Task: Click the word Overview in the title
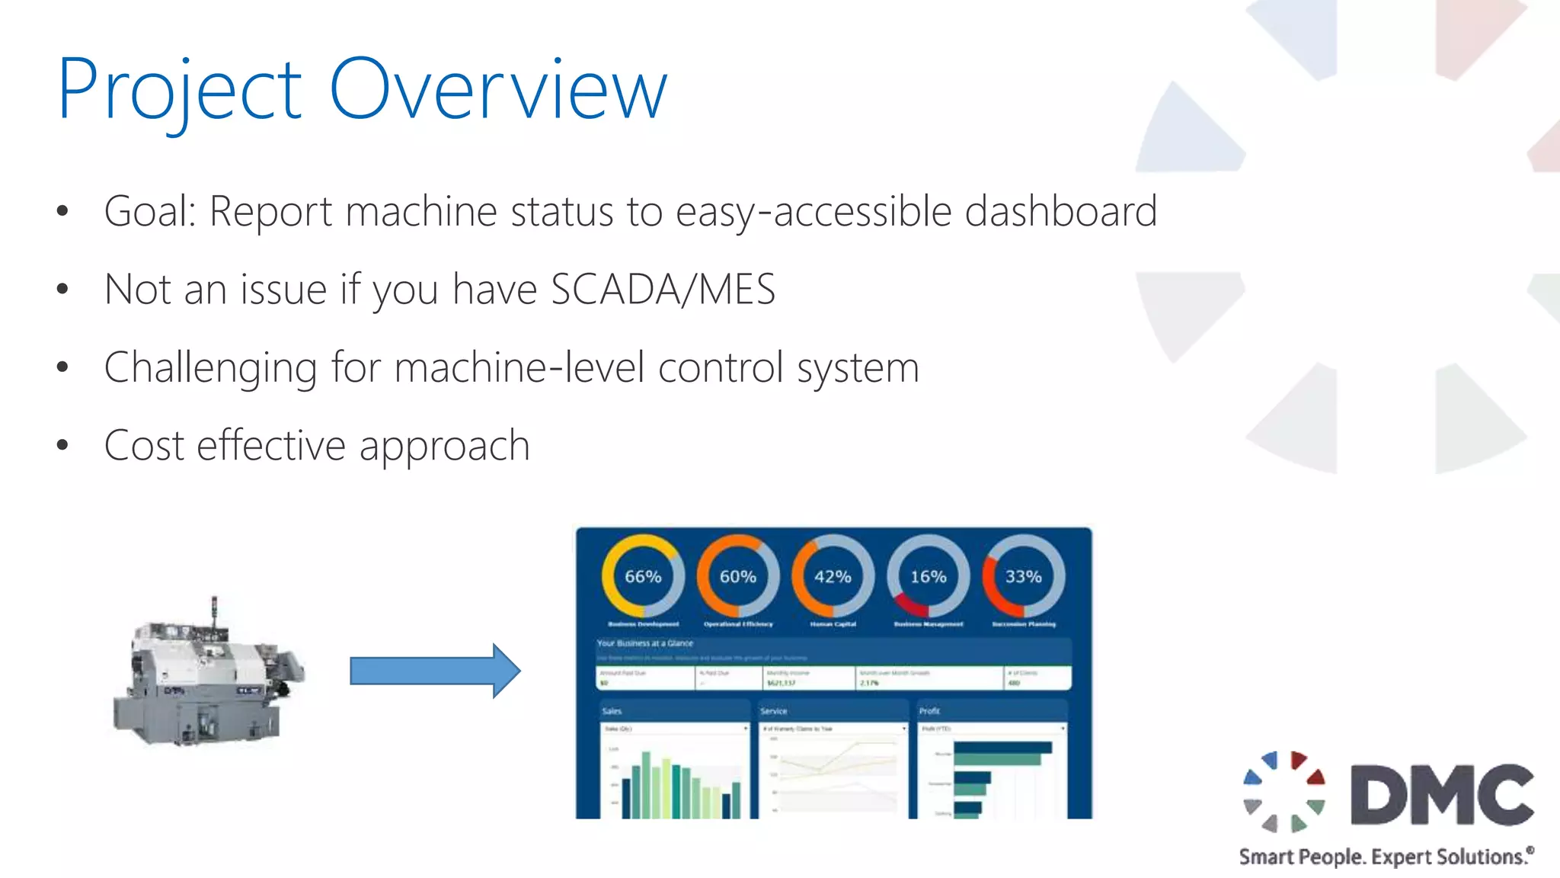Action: pyautogui.click(x=499, y=90)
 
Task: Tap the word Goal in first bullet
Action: pyautogui.click(x=147, y=211)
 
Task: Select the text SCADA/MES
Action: pyautogui.click(x=663, y=290)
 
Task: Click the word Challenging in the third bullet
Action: pyautogui.click(x=210, y=369)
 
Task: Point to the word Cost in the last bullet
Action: pyautogui.click(x=144, y=446)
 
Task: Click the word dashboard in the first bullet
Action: pyautogui.click(x=1060, y=211)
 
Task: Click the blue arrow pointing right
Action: pyautogui.click(x=435, y=671)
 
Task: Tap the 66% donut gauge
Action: pyautogui.click(x=643, y=576)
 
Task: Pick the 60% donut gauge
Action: pyautogui.click(x=738, y=576)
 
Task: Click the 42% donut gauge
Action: pyautogui.click(x=833, y=576)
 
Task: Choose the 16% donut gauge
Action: pyautogui.click(x=928, y=576)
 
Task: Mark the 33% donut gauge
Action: pyautogui.click(x=1023, y=576)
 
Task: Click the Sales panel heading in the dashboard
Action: pyautogui.click(x=612, y=711)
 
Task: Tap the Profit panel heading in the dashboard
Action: pyautogui.click(x=929, y=711)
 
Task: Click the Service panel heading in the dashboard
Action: pyautogui.click(x=773, y=711)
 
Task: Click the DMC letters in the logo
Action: pyautogui.click(x=1442, y=795)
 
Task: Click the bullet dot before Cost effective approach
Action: pyautogui.click(x=62, y=446)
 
